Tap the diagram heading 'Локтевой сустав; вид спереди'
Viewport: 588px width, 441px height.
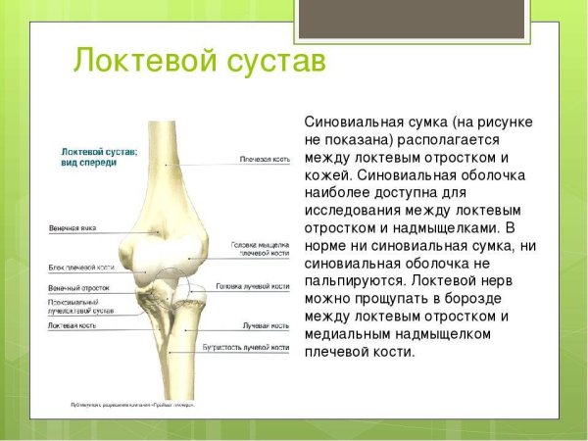[x=99, y=157]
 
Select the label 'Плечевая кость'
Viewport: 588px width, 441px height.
[x=264, y=158]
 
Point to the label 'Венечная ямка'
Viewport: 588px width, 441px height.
[x=72, y=228]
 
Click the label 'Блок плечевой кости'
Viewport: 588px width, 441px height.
[x=81, y=267]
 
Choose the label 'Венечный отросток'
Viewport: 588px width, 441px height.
[x=78, y=288]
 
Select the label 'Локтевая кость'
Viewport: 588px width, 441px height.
[x=72, y=324]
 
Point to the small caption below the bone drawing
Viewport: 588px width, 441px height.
[x=132, y=404]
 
